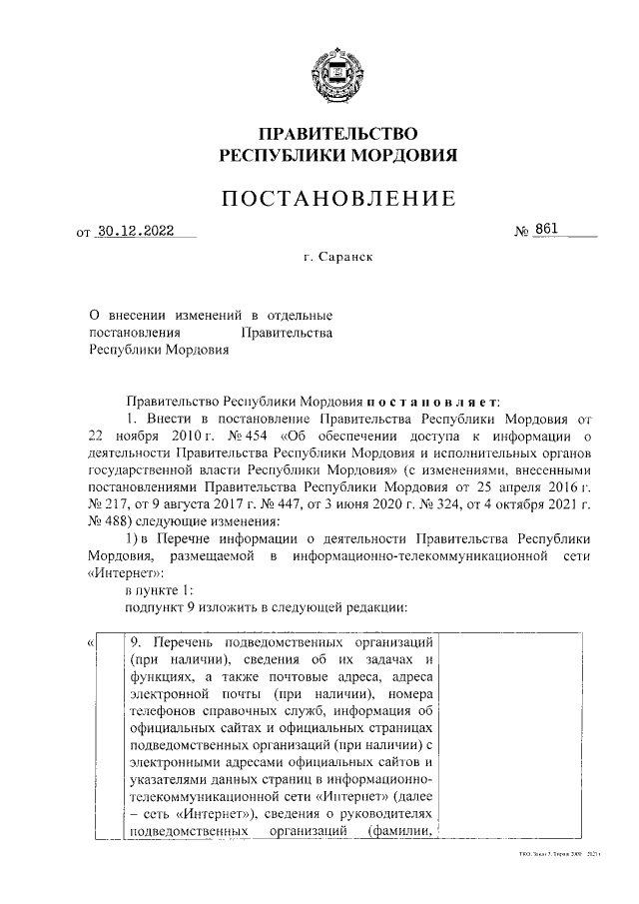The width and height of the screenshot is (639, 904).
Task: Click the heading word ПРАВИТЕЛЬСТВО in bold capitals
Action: click(337, 134)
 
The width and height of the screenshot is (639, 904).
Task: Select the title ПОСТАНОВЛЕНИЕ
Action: click(337, 198)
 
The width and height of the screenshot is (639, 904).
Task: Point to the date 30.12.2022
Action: click(135, 231)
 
